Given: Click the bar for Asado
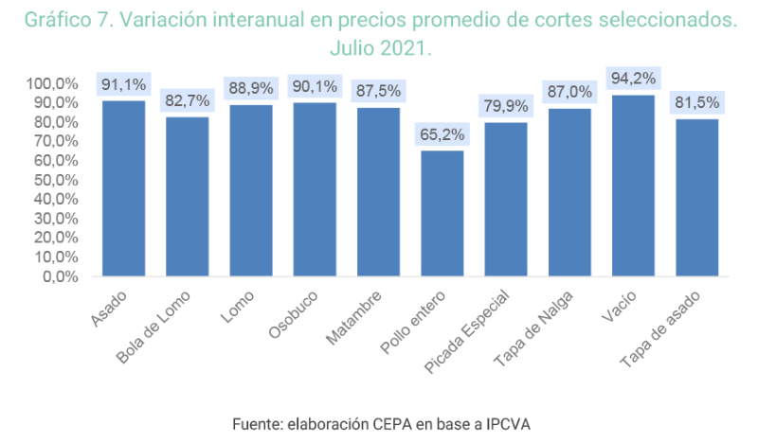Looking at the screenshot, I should (x=123, y=188).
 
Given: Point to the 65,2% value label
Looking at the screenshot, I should (x=442, y=134).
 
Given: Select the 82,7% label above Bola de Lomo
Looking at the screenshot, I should (x=187, y=101).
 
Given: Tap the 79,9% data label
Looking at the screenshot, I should (x=506, y=106).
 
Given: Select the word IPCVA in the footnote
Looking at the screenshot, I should (x=503, y=425).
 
